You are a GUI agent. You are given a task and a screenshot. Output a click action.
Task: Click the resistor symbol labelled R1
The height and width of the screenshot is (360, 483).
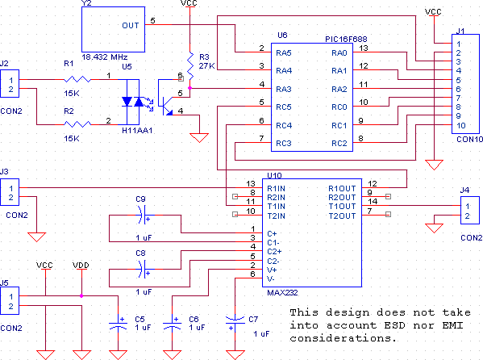pos(77,80)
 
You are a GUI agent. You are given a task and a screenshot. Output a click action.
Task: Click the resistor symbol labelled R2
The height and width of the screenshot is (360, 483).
pos(77,124)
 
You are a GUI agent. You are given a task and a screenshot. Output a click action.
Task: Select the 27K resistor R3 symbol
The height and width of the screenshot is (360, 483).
pos(190,65)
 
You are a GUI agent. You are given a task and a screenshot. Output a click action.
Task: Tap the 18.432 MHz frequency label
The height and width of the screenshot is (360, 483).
pos(105,57)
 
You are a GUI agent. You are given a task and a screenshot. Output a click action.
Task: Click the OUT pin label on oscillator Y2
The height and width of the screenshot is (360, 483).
pos(131,25)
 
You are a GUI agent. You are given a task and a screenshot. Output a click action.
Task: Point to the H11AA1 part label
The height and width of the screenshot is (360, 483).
pos(137,131)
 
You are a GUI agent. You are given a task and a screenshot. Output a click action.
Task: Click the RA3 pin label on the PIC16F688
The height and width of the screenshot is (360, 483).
pos(283,89)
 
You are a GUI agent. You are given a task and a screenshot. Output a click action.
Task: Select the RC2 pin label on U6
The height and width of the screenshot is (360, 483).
pos(339,144)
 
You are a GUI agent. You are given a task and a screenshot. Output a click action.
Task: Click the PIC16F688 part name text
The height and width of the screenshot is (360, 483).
pos(346,40)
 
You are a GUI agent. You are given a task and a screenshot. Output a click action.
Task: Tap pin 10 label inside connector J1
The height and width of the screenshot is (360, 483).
pos(460,126)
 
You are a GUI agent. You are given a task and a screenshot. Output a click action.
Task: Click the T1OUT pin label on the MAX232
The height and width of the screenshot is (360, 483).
pos(342,207)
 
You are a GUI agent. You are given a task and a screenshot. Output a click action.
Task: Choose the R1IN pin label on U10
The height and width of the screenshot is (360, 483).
pos(276,189)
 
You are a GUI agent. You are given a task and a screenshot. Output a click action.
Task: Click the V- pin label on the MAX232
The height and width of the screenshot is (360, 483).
pos(271,279)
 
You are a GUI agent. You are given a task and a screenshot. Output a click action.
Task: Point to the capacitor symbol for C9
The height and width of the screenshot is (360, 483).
pos(143,215)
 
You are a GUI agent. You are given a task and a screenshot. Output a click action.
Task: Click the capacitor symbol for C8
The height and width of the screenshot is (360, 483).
pos(143,269)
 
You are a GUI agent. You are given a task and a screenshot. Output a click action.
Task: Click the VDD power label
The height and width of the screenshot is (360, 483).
pos(81,266)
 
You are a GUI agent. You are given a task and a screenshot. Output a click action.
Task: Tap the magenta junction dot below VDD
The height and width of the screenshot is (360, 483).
pos(81,296)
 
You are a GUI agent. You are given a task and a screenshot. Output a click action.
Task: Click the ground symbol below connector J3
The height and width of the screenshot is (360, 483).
pos(36,237)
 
